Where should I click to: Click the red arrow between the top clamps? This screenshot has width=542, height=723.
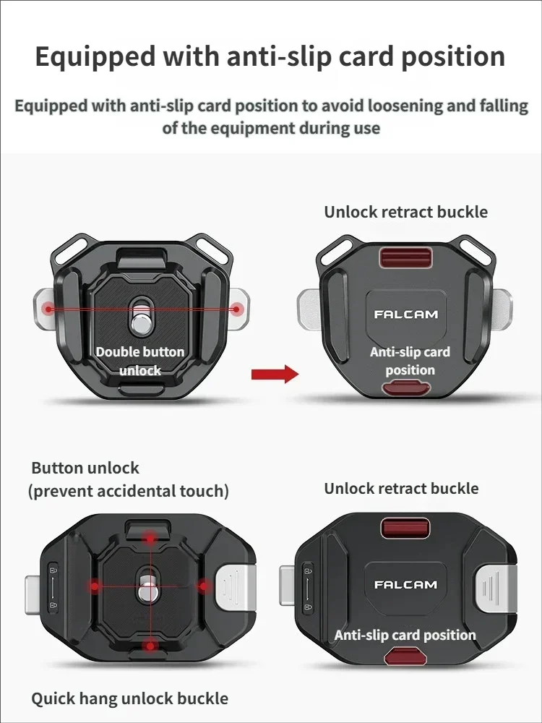[275, 374]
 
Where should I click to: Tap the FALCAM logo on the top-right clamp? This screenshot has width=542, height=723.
[405, 315]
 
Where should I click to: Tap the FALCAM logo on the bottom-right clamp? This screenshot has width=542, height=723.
[405, 585]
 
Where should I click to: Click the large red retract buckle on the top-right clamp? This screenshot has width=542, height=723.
[405, 257]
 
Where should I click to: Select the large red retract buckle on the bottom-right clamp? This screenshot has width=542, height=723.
[405, 529]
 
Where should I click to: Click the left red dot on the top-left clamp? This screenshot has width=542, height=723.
[48, 309]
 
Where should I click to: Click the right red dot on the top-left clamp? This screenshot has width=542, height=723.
[236, 309]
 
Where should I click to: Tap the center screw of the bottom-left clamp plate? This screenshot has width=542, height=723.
[148, 589]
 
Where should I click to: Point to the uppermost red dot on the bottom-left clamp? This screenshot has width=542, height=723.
[150, 538]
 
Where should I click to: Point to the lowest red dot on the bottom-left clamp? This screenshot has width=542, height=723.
[150, 646]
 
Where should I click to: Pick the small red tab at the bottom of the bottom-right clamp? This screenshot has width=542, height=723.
[405, 656]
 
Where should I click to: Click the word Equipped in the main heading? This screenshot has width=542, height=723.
[95, 58]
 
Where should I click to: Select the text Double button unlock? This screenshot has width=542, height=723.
[140, 361]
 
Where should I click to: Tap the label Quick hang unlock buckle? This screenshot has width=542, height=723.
[129, 698]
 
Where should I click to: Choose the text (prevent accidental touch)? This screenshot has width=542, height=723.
[128, 492]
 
